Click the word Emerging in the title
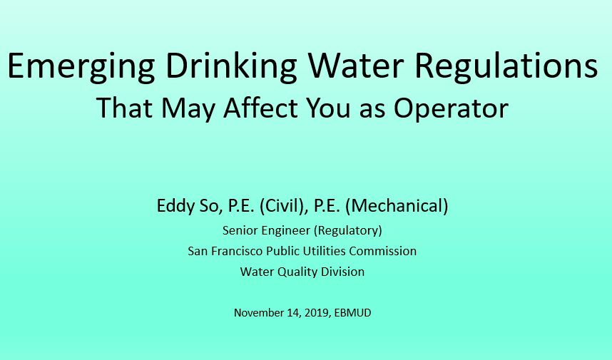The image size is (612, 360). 81,66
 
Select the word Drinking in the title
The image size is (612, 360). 231,66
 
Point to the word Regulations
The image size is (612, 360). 506,66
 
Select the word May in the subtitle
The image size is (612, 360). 188,108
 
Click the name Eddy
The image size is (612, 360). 175,206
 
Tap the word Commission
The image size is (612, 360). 382,251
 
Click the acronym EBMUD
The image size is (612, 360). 353,313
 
